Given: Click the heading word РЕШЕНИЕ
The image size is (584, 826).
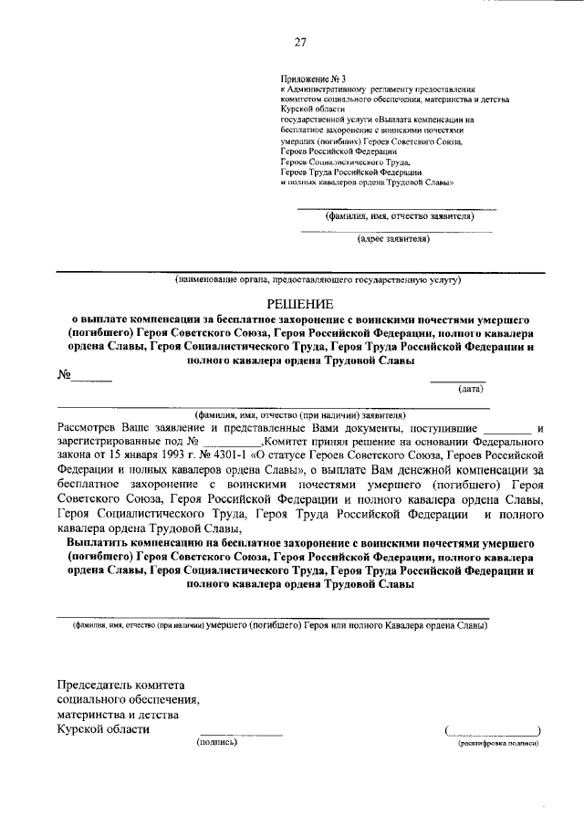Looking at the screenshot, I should [300, 303].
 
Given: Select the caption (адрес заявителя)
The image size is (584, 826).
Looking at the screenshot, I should [392, 240].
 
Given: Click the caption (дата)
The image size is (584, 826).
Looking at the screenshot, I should [471, 389].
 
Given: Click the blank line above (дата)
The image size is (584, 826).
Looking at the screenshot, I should [457, 379].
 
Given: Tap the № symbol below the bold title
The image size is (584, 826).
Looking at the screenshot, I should [64, 375].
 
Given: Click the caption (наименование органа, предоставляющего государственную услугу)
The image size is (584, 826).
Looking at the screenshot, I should [318, 279].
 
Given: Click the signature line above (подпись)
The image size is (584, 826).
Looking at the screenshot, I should [241, 733].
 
